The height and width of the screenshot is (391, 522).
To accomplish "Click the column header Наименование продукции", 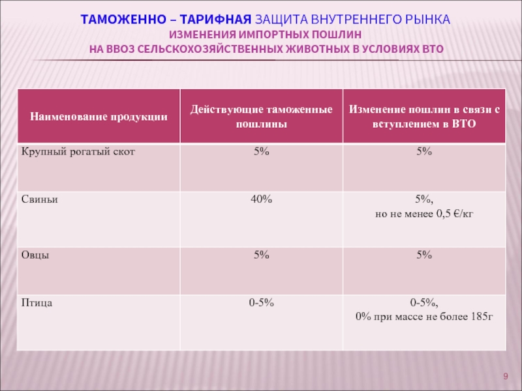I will pyautogui.click(x=98, y=117).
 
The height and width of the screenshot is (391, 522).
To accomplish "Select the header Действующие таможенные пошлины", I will pyautogui.click(x=261, y=117).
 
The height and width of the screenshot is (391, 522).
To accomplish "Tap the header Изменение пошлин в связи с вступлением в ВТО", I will pyautogui.click(x=424, y=117).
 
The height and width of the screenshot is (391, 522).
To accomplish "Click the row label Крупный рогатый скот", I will pyautogui.click(x=78, y=151).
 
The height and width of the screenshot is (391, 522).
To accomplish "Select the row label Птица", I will pyautogui.click(x=37, y=303).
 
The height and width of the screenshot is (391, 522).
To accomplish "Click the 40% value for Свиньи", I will pyautogui.click(x=261, y=200).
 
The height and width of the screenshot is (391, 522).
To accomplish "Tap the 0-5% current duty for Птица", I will pyautogui.click(x=261, y=303).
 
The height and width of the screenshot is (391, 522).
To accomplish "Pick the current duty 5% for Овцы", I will pyautogui.click(x=261, y=255).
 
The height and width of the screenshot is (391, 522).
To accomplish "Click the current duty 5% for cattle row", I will pyautogui.click(x=261, y=151).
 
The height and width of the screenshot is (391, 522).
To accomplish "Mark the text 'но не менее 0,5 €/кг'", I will pyautogui.click(x=424, y=214).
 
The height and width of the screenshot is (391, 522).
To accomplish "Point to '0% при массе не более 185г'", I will pyautogui.click(x=424, y=317).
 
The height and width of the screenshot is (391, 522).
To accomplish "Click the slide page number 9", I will pyautogui.click(x=505, y=377).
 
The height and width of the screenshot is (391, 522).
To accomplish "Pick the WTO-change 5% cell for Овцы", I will pyautogui.click(x=424, y=255).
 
